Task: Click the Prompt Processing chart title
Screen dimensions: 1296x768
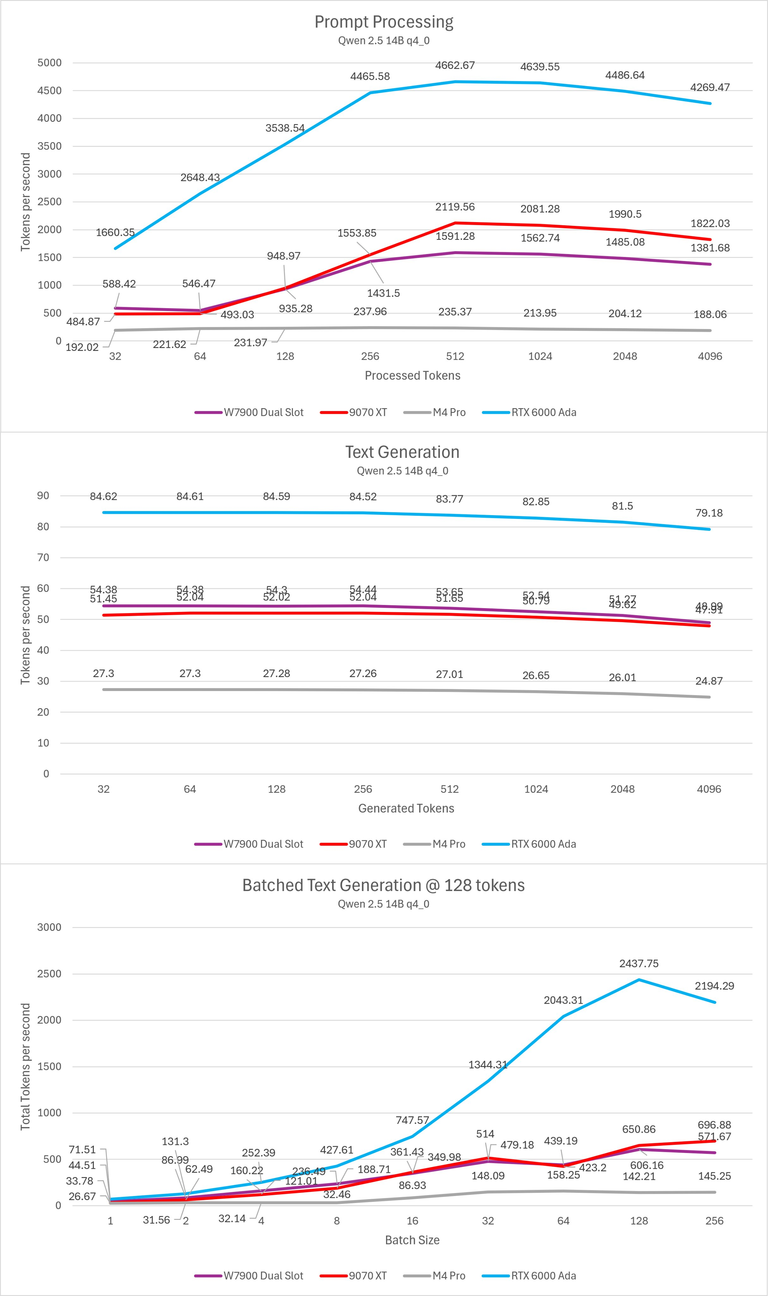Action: [x=384, y=22]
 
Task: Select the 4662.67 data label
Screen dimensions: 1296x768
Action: [x=455, y=65]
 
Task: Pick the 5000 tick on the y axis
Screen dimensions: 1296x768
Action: [x=49, y=63]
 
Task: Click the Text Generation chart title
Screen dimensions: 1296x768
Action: [x=402, y=452]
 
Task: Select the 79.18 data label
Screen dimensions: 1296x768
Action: [x=709, y=513]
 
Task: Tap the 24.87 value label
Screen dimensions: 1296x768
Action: [x=709, y=681]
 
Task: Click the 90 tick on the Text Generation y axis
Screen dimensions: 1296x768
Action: [x=43, y=495]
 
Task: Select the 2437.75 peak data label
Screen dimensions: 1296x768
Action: [x=639, y=963]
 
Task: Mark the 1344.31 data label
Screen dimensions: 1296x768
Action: [x=488, y=1065]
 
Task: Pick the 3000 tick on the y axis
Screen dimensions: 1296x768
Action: [x=49, y=927]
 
